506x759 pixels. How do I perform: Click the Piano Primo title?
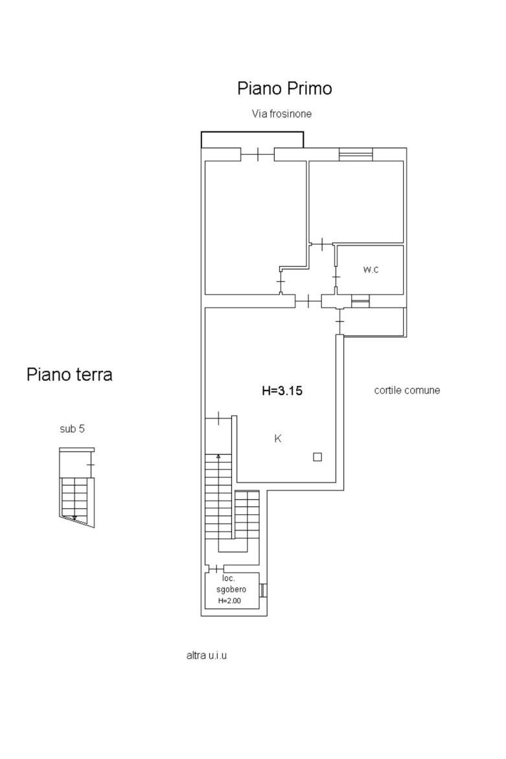tap(284, 89)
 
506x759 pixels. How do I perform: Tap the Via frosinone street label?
tap(281, 114)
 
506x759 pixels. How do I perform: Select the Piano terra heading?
tap(69, 374)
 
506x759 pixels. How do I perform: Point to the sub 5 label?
tap(72, 428)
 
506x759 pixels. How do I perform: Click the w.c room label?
tap(371, 269)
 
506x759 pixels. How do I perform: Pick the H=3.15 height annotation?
tap(282, 391)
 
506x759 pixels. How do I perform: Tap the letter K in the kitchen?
tap(278, 438)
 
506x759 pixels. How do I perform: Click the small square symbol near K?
tap(317, 457)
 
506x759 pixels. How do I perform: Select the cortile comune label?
tap(407, 390)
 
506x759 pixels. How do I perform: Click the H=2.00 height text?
tap(229, 601)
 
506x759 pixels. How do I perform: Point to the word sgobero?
tap(231, 589)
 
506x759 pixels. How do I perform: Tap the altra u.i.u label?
tap(206, 655)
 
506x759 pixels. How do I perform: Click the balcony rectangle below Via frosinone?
tap(252, 139)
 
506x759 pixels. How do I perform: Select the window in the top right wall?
tap(356, 154)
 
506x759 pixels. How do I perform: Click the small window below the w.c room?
tap(360, 301)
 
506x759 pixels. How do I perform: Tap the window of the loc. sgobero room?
tap(264, 591)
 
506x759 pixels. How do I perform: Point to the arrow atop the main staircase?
tap(218, 456)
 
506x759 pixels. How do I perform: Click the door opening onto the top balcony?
tap(258, 154)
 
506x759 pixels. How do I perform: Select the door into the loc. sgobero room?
tap(216, 569)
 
